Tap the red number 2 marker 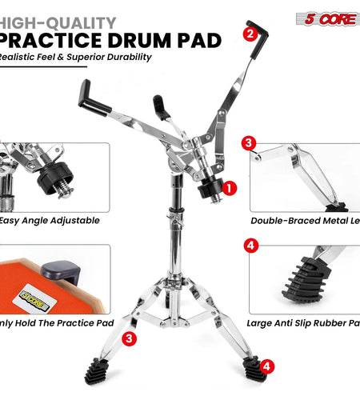[x=250, y=34]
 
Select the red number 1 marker [x=230, y=189]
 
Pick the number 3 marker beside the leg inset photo [x=250, y=143]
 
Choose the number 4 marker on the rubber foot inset [x=251, y=246]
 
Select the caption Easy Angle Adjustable [x=50, y=220]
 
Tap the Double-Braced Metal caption [x=304, y=220]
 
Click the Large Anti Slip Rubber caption [x=304, y=323]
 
